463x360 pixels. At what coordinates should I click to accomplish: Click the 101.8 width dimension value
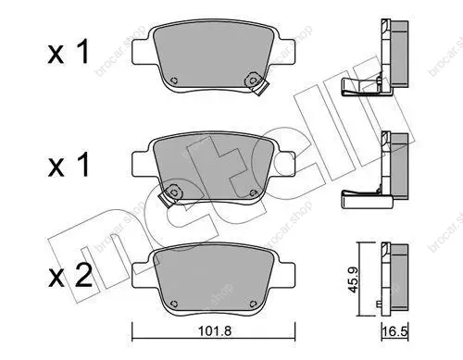[x=214, y=331]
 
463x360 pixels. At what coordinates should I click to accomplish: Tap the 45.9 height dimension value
[x=353, y=279]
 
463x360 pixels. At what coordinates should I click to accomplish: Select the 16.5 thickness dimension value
[x=395, y=332]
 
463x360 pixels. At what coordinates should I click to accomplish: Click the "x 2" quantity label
[x=70, y=276]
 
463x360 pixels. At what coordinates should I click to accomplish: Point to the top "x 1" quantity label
[x=69, y=52]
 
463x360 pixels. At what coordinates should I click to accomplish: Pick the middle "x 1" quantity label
[x=69, y=165]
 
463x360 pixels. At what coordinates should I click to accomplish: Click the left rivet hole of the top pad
[x=174, y=81]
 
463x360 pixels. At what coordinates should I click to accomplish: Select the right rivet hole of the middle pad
[x=253, y=192]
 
